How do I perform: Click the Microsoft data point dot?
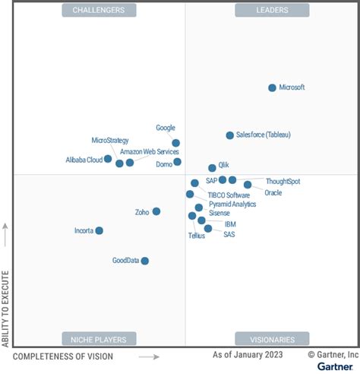click(x=273, y=88)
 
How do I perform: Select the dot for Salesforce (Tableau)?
click(x=230, y=135)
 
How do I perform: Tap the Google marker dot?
click(x=176, y=143)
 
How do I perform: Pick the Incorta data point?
click(x=99, y=230)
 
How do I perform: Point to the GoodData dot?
click(x=145, y=261)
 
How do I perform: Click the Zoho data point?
click(x=156, y=211)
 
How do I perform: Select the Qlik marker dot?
click(x=212, y=168)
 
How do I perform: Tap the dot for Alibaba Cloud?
click(x=108, y=159)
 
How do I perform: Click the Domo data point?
click(x=178, y=162)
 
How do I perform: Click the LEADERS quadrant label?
click(x=272, y=10)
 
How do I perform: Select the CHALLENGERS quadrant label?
click(x=99, y=10)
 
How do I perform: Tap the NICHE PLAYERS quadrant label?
click(x=99, y=338)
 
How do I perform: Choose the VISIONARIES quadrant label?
click(x=272, y=338)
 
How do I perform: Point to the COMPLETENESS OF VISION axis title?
click(x=63, y=356)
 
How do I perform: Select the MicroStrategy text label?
click(x=110, y=141)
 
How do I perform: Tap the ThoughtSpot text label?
click(x=283, y=182)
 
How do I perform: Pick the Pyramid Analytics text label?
click(x=232, y=204)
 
